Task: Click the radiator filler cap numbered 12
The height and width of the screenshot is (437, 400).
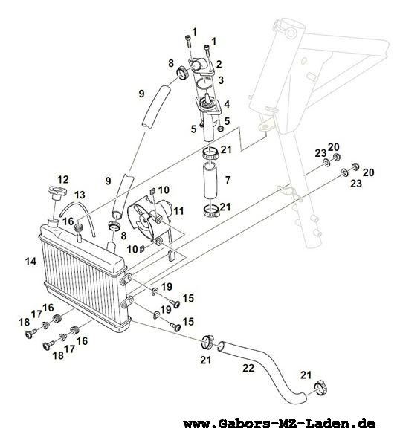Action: pos(57,193)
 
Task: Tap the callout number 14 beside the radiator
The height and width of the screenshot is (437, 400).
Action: pos(30,262)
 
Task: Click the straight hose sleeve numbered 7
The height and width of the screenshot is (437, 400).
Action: pos(210,180)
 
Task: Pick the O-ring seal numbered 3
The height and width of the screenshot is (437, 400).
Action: pos(204,83)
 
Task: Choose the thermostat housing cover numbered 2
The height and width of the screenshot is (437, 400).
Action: pos(201,66)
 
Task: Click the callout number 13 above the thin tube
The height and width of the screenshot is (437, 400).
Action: pos(79,195)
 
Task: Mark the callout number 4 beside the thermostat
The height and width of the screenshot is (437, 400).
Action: pos(227,104)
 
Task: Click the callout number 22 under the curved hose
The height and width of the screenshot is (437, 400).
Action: pos(248,368)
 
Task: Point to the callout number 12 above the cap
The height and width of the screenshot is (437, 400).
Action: pos(63,180)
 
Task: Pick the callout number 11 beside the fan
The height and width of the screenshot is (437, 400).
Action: pos(178,211)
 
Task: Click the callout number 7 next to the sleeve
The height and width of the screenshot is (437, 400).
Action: pos(228,180)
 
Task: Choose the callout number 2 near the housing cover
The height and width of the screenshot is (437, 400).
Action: pos(219,65)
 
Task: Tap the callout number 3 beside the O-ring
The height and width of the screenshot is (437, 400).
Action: pos(221,80)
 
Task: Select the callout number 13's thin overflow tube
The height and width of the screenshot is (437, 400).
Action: pos(77,219)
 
